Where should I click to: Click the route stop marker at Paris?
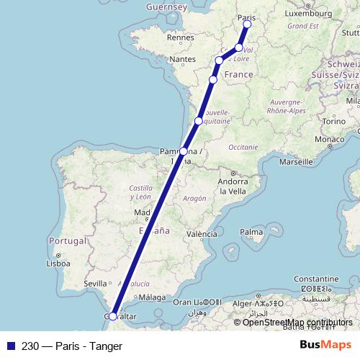[x=247, y=24]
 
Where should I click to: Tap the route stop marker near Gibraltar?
[x=113, y=316]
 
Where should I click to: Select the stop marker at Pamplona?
[x=184, y=151]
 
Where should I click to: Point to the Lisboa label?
[x=58, y=264]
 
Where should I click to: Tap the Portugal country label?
[x=66, y=240]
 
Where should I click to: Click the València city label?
[x=202, y=234]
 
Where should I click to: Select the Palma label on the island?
[x=251, y=232]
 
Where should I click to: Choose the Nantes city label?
[x=184, y=59]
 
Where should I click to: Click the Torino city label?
[x=333, y=121]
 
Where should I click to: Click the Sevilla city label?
[x=95, y=284]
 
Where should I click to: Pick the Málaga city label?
[x=152, y=297]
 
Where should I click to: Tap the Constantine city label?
[x=315, y=278]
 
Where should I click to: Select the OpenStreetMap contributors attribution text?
[x=297, y=323]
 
